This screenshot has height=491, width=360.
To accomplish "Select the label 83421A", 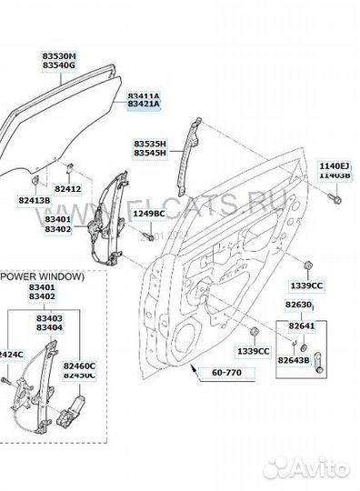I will point(143,105).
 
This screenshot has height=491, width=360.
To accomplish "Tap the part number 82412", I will point(68,188).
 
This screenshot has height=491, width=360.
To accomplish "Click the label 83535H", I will point(150,143).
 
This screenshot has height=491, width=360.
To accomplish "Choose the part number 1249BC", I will point(148,213).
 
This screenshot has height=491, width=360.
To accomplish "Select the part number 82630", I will point(300,305).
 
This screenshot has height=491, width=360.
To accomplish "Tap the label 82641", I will point(300,325).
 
